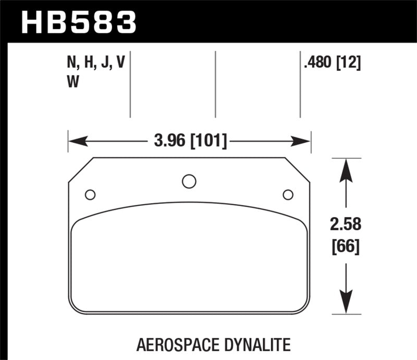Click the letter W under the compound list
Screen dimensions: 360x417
pos(74,82)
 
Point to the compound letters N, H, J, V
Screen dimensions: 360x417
pos(96,64)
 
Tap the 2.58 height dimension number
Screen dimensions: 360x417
pos(345,225)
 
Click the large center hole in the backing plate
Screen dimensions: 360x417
pos(189,181)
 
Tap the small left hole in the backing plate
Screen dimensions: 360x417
pos(90,195)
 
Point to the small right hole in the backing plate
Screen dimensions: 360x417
pos(287,195)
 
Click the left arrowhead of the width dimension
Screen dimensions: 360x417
pos(75,141)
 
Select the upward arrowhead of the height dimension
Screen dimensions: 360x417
pos(345,168)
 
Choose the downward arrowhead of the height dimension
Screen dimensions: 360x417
pos(345,304)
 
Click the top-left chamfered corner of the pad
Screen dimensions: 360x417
pos(81,170)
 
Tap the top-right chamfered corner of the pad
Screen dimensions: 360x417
pos(298,170)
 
